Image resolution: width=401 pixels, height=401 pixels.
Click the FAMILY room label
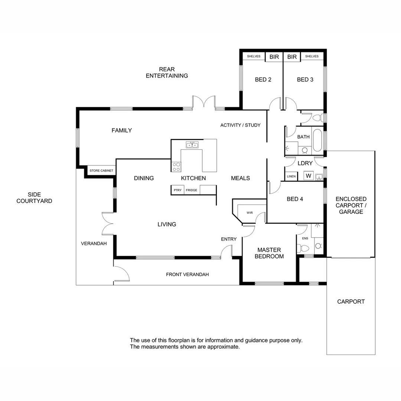point(122,130)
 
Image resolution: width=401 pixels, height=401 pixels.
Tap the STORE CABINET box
point(101,171)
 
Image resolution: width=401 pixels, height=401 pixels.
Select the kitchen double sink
point(192,145)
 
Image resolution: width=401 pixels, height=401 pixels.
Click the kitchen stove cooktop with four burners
point(176,166)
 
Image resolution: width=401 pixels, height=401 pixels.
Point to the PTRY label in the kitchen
point(177,190)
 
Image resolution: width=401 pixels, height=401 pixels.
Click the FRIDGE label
point(192,190)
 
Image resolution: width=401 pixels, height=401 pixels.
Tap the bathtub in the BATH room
point(317,140)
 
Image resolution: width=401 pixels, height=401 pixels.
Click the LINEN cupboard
point(291,176)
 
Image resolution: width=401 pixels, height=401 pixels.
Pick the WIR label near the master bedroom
point(250,213)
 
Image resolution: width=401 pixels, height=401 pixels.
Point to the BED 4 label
point(295,199)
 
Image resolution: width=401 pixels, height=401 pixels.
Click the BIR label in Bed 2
point(274,57)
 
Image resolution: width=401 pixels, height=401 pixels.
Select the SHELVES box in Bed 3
point(312,56)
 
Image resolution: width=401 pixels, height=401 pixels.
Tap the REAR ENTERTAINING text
point(167,72)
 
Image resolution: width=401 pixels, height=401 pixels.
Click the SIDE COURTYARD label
point(34,198)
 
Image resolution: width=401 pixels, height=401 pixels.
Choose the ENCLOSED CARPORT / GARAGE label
point(351,205)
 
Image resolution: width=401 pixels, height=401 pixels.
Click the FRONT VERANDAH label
point(187,274)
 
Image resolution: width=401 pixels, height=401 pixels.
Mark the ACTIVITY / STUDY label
point(240,125)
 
